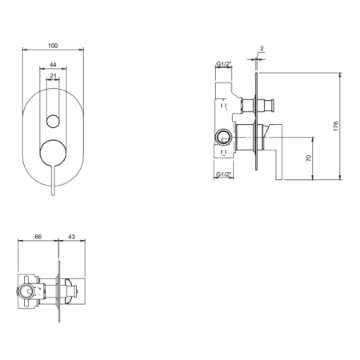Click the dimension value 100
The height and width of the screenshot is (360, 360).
pos(53,46)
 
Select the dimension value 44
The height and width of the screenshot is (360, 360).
pos(53,65)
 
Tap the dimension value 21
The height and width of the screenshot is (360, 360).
pos(54,76)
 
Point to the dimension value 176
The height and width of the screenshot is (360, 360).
pos(336,126)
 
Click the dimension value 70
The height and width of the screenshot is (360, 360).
pos(309,158)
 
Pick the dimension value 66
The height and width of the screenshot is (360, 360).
pos(38,237)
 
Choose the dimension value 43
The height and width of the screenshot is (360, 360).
pos(72,237)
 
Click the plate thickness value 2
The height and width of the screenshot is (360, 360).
pos(262,49)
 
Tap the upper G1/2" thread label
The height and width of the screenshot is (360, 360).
pos(224,64)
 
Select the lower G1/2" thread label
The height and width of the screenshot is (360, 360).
pos(224,174)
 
